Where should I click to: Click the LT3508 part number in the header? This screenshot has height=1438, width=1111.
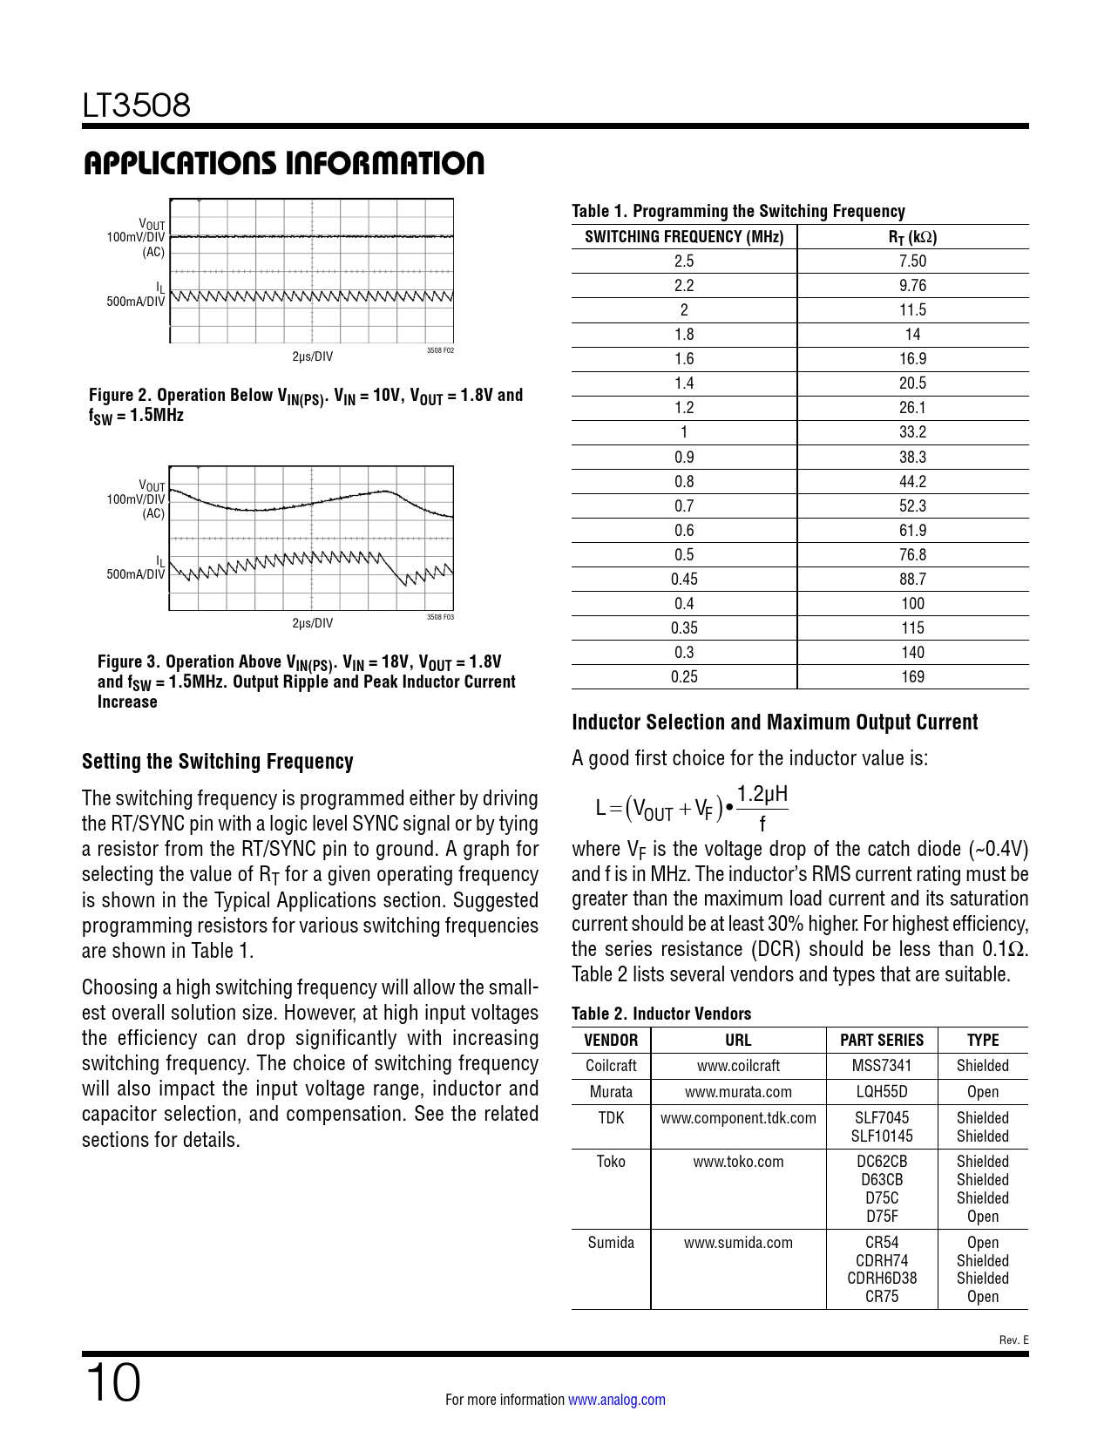pos(137,105)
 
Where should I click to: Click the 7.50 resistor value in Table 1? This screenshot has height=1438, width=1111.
pos(912,261)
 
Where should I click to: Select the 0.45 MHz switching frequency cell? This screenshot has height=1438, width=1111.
pos(684,580)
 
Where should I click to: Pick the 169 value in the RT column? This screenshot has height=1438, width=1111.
pos(912,677)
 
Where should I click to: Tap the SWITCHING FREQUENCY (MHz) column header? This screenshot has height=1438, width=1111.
pos(684,237)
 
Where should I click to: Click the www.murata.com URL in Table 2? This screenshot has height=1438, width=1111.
pos(738,1092)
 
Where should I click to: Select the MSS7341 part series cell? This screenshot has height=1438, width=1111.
pos(882,1066)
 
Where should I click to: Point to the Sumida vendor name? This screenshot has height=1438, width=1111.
pos(611,1243)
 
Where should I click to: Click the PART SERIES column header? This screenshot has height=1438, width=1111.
pos(882,1041)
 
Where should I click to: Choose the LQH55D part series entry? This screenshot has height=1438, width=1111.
pos(882,1092)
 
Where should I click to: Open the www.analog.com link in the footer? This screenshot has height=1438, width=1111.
pos(617,1400)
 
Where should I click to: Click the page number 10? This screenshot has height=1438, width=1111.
pos(112,1383)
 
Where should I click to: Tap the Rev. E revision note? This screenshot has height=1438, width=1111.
pos(1013,1340)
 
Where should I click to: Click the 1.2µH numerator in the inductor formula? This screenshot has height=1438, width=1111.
pos(762,794)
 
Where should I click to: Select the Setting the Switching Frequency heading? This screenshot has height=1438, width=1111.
pos(218,762)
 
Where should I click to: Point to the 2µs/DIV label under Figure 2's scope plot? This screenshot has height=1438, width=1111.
pos(312,356)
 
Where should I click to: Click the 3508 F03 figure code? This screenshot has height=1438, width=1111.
pos(440,617)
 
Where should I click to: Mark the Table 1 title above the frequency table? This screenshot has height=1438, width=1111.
pos(738,211)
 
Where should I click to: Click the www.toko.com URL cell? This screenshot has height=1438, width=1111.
pos(738,1162)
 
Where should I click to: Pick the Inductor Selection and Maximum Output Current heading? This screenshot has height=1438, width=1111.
pos(775,722)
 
